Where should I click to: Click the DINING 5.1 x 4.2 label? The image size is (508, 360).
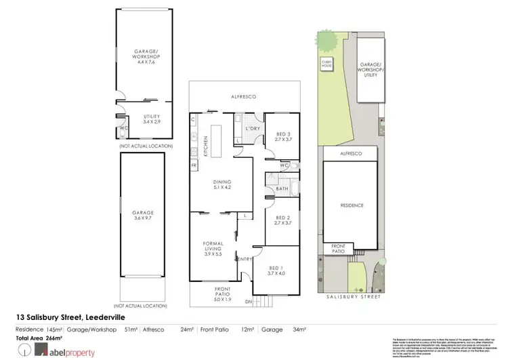[221, 184]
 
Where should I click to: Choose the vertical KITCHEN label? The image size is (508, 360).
[194, 144]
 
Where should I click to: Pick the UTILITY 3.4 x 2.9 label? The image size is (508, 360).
[152, 119]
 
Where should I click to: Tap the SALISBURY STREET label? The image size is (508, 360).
[352, 298]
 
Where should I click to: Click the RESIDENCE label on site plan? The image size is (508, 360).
[352, 205]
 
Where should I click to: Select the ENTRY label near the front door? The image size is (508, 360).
[244, 258]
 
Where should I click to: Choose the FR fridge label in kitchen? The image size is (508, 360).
[194, 165]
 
